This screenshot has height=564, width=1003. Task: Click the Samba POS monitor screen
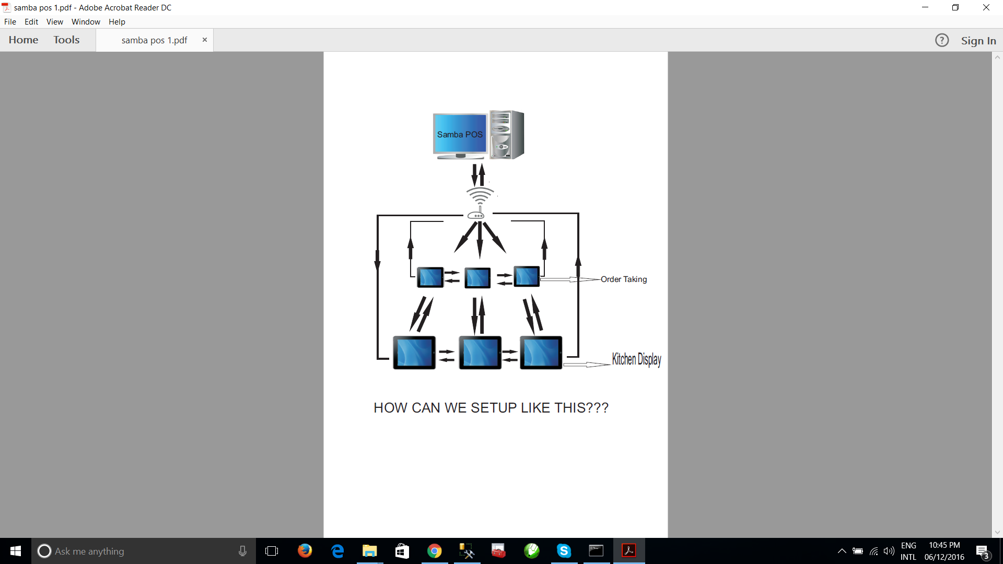click(x=460, y=134)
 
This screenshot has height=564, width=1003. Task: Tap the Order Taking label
click(x=624, y=279)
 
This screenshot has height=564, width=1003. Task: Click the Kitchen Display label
click(x=636, y=359)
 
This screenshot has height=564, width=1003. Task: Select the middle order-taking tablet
click(x=477, y=278)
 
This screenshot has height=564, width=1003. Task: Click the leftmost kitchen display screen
click(x=414, y=352)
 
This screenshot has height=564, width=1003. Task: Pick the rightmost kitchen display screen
click(x=541, y=352)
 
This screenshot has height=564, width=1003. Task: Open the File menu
click(x=10, y=22)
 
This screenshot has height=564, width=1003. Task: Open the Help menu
click(x=117, y=22)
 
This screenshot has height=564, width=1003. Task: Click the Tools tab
click(x=66, y=40)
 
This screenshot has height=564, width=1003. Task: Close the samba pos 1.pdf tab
click(x=205, y=40)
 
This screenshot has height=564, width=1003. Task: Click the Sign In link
click(x=978, y=41)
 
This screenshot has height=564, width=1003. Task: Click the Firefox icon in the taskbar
click(x=305, y=551)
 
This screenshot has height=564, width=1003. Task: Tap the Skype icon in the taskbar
click(x=564, y=551)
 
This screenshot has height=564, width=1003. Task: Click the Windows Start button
click(x=16, y=551)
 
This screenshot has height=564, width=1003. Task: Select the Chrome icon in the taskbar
click(x=434, y=551)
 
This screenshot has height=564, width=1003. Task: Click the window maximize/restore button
click(x=955, y=8)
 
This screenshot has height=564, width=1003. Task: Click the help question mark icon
click(x=942, y=40)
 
